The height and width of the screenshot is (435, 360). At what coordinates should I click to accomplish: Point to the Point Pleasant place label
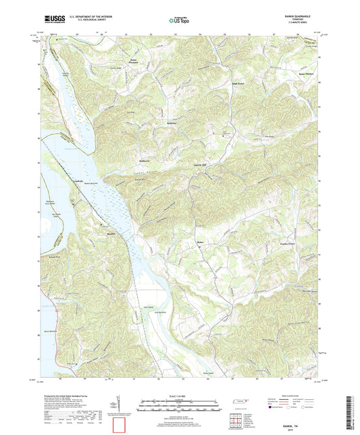(x=137, y=65)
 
